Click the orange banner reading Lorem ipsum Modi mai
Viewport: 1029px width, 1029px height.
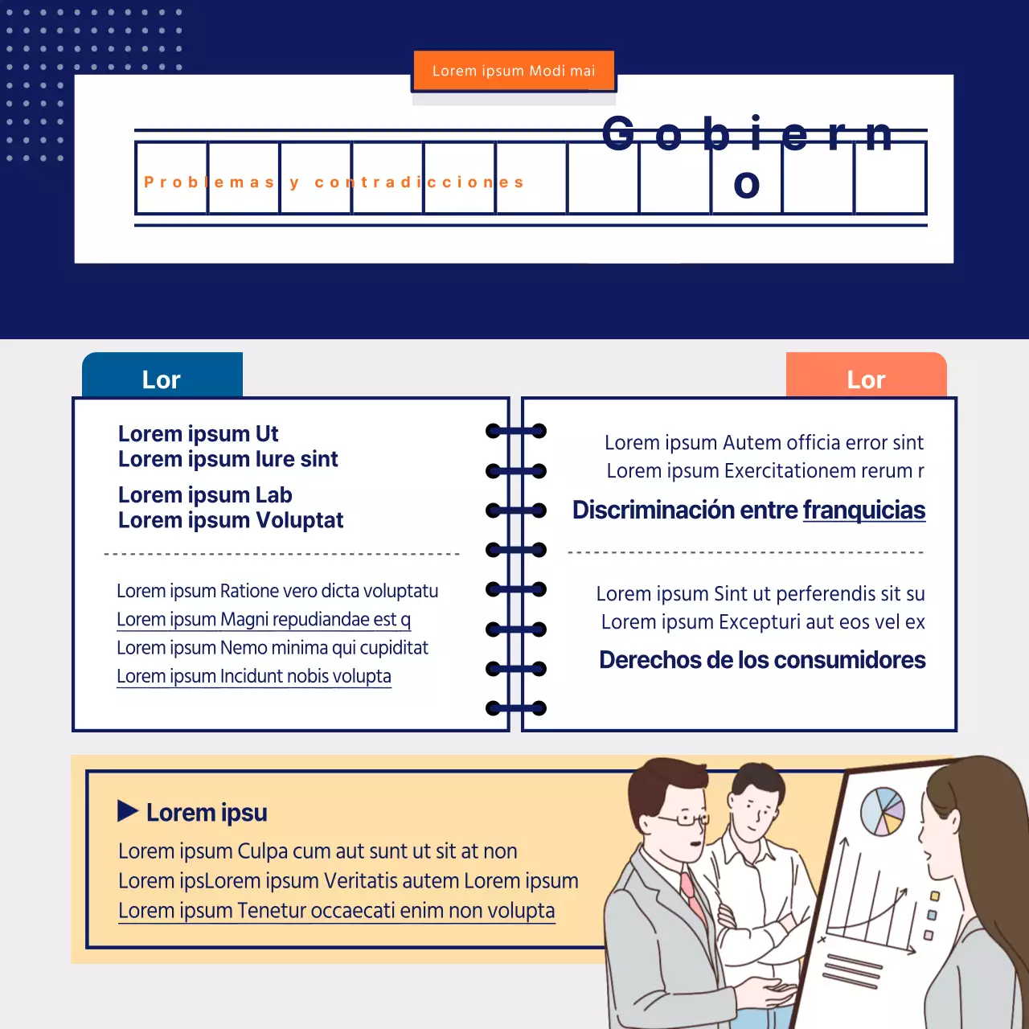[x=514, y=71]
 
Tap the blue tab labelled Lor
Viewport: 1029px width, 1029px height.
[x=162, y=375]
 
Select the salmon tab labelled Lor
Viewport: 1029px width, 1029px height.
[x=866, y=375]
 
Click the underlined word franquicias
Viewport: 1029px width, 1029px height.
[x=864, y=510]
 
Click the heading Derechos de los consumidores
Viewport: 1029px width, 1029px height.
[x=762, y=660]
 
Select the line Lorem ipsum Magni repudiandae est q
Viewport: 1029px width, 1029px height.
[x=264, y=620]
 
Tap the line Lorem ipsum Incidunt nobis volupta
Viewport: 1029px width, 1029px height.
[x=254, y=677]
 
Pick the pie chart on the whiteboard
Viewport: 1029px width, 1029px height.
[x=882, y=811]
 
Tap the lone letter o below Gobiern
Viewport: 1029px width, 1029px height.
[x=747, y=184]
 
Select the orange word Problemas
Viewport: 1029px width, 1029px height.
[x=210, y=182]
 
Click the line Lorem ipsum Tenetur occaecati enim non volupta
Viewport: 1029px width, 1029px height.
[x=336, y=911]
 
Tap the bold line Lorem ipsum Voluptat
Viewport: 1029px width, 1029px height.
[x=231, y=520]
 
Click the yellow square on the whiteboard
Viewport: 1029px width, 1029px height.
[x=934, y=896]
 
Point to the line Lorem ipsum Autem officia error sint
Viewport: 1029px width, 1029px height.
[x=764, y=443]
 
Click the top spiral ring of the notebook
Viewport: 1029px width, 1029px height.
[x=516, y=431]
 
